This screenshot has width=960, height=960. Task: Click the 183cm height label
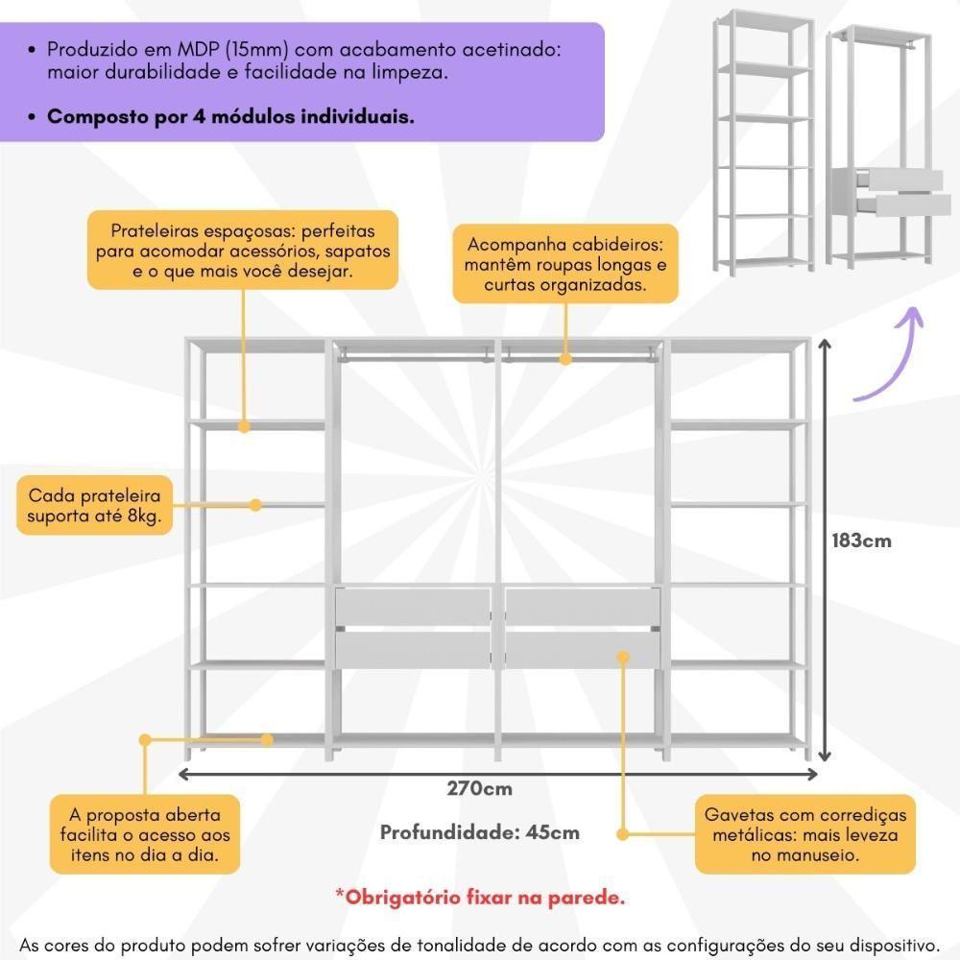tap(861, 540)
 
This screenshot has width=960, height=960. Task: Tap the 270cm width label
tap(479, 789)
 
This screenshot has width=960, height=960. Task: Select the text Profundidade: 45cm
tap(479, 832)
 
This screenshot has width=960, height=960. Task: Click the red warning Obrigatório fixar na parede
tap(479, 899)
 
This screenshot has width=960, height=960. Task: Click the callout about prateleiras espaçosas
tap(242, 251)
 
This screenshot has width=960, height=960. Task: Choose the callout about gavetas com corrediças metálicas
tap(804, 835)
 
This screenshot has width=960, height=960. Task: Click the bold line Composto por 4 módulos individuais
tap(230, 117)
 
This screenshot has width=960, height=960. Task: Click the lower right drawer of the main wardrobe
tap(583, 649)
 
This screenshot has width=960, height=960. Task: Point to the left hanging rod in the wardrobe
tap(413, 356)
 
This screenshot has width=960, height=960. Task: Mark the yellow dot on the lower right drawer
tap(623, 657)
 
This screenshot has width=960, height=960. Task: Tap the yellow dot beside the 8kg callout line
tap(256, 504)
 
